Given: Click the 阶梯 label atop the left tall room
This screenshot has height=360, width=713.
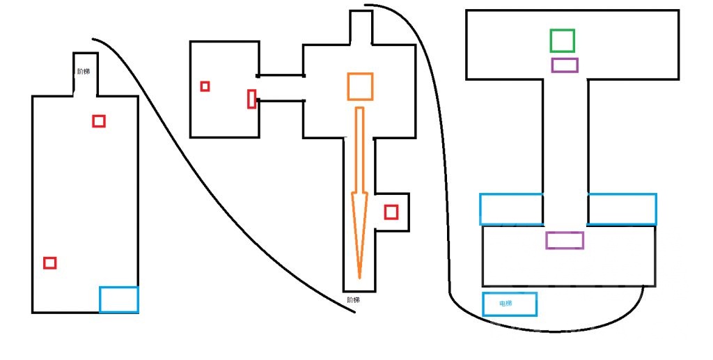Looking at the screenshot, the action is click(x=84, y=71).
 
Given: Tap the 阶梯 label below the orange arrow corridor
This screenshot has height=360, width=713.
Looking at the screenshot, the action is click(x=353, y=300).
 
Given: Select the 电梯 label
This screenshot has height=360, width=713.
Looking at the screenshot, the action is click(x=506, y=303).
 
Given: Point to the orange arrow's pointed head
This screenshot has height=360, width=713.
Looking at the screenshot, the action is click(x=359, y=279).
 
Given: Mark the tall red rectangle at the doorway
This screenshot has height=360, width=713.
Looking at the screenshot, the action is click(x=251, y=99).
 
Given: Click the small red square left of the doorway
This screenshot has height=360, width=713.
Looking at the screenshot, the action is click(x=205, y=86).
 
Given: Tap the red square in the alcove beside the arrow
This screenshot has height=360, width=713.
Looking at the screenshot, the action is click(x=391, y=212).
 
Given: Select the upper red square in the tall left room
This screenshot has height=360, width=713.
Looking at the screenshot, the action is click(x=99, y=121).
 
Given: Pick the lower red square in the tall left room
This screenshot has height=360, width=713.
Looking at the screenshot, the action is click(x=50, y=263).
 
